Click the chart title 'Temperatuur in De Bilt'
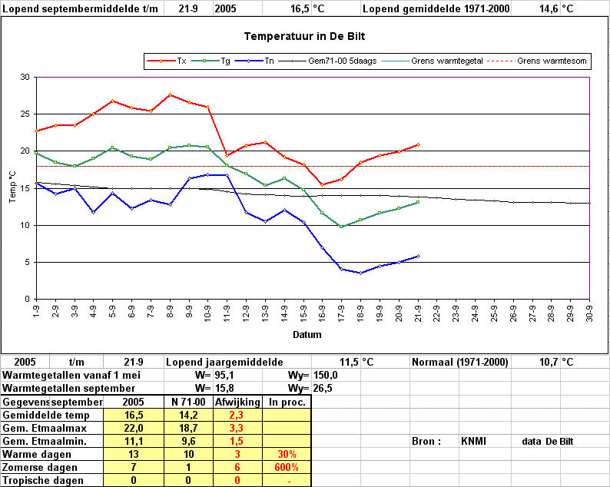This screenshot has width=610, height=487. (x=304, y=37)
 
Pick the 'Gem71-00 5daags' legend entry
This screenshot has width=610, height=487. (x=328, y=61)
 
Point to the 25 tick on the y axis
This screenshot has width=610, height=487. (x=25, y=114)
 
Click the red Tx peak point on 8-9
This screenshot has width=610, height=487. (x=170, y=94)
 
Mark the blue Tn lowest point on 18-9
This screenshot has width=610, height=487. (x=360, y=273)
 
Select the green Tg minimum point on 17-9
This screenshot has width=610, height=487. (x=341, y=227)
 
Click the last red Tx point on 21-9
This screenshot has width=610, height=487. (x=418, y=144)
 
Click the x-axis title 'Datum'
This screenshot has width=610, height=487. (x=307, y=334)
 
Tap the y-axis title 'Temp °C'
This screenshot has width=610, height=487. (x=12, y=187)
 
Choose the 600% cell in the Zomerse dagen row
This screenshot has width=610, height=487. (x=287, y=467)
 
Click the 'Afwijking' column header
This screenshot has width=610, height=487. (x=237, y=402)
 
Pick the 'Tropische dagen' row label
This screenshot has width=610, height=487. (x=43, y=480)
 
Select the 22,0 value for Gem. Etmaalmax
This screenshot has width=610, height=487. (x=134, y=429)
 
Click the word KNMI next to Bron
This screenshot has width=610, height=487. (x=473, y=441)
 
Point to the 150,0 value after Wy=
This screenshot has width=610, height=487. (x=325, y=376)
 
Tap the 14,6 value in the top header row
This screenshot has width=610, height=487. (x=549, y=8)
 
